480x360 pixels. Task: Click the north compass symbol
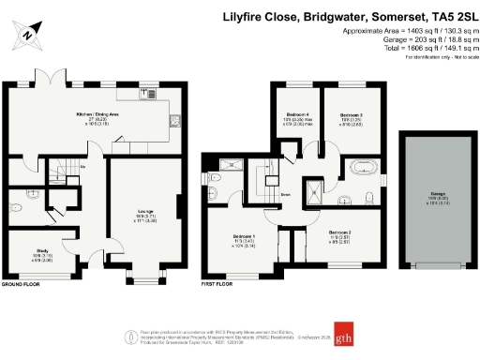click(x=28, y=36)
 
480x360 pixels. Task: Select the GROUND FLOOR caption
click(x=21, y=283)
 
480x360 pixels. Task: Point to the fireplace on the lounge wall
click(x=176, y=204)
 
